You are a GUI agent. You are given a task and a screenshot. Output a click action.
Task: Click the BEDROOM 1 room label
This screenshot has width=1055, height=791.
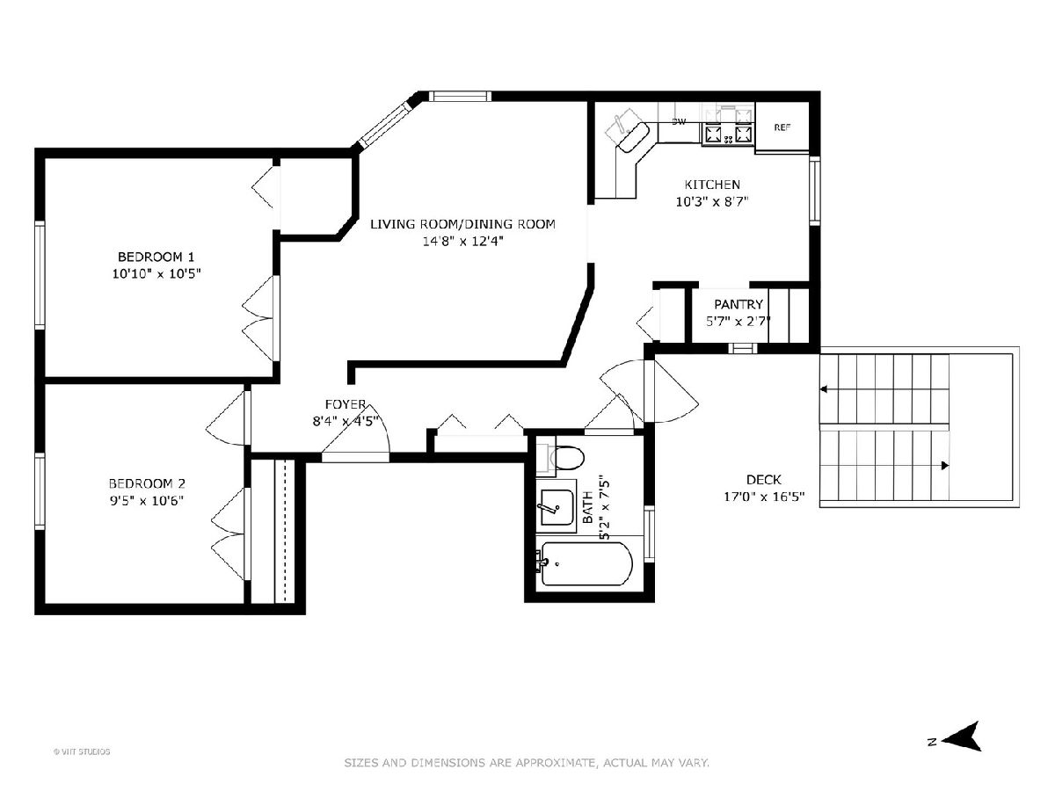[156, 257]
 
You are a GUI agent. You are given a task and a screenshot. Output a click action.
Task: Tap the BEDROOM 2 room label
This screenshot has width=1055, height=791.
[147, 483]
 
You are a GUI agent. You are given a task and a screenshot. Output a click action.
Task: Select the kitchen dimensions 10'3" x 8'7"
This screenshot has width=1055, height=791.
[712, 202]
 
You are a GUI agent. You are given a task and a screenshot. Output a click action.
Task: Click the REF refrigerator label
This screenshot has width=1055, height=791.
[782, 127]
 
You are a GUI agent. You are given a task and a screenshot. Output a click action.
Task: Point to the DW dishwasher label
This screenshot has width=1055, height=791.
[679, 122]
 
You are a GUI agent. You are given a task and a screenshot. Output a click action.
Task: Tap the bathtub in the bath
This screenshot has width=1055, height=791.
[587, 564]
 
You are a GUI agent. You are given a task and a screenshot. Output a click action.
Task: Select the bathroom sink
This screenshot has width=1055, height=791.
[557, 508]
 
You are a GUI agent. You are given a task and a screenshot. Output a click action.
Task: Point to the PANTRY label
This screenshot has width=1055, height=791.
[738, 304]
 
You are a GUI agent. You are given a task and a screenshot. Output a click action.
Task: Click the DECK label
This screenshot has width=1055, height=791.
[764, 479]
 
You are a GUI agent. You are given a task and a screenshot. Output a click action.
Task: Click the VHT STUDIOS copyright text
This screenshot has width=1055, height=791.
[82, 751]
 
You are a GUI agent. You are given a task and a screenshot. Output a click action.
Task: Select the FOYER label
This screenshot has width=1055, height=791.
[346, 404]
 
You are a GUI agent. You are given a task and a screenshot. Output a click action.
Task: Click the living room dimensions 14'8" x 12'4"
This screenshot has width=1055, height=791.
[462, 241]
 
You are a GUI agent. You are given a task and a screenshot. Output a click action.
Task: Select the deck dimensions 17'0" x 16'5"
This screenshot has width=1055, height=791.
[764, 497]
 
